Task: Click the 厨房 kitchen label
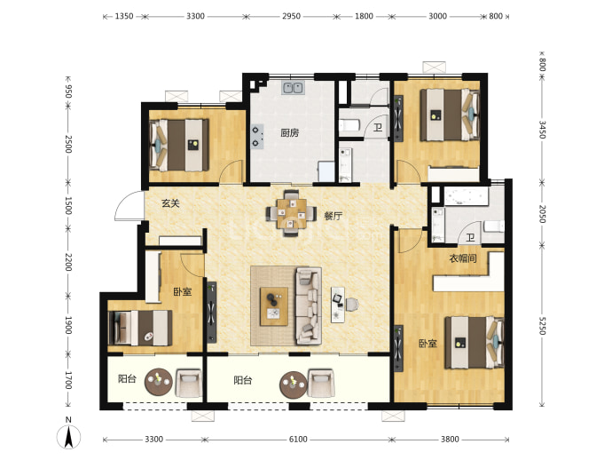point(290,133)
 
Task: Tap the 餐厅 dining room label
point(333,216)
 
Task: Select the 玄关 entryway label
point(170,203)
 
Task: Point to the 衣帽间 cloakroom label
point(463,258)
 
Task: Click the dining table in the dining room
point(292,214)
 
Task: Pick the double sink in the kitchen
point(293,88)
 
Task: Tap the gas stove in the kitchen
point(256,137)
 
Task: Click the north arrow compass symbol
point(68,435)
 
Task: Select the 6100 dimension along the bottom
point(298,440)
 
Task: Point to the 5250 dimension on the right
point(542,325)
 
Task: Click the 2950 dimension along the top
point(291,16)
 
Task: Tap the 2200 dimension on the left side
point(68,262)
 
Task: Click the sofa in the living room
point(309,306)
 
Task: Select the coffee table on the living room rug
point(274,306)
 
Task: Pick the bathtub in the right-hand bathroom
point(466,196)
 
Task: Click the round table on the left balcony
point(158,382)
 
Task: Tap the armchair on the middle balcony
point(321,384)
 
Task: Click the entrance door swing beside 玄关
point(129,206)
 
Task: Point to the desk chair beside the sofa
point(351,305)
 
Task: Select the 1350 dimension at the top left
point(124,16)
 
